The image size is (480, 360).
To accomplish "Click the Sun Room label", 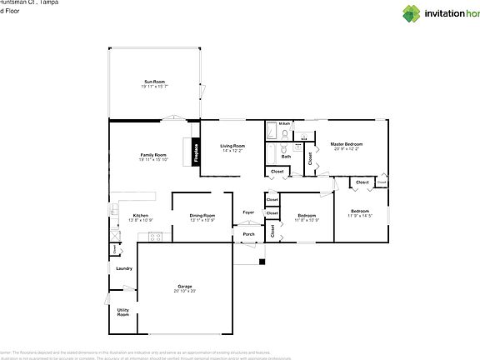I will (x=154, y=81).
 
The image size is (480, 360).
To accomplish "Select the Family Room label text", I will (x=153, y=154).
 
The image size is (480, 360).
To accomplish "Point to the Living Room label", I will (x=232, y=146).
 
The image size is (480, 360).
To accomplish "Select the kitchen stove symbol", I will (x=154, y=236).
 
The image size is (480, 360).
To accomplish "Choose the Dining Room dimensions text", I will (x=202, y=220).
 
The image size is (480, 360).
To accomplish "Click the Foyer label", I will (x=248, y=212).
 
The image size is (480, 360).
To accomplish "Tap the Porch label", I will (x=248, y=234).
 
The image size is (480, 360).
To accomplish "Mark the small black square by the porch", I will (x=262, y=263).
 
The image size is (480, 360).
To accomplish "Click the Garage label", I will (x=184, y=286).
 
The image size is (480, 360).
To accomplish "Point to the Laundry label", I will (x=124, y=268).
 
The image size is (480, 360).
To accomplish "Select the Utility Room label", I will (x=122, y=312).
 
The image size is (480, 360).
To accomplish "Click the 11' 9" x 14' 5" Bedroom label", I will (x=359, y=211).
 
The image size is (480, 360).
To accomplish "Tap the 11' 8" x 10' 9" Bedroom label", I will (x=307, y=215).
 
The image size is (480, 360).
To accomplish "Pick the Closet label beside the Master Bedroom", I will (x=309, y=158).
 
